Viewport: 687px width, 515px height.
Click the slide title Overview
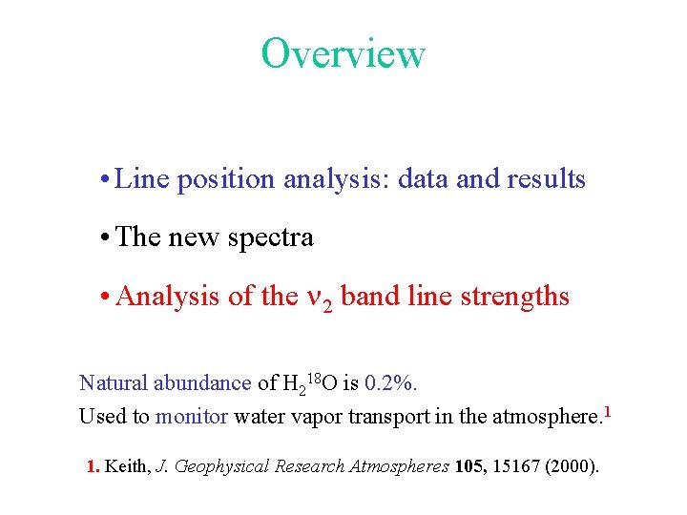pyautogui.click(x=343, y=53)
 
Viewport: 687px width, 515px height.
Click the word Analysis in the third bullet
pyautogui.click(x=168, y=297)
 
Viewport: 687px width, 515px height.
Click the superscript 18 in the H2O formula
pyautogui.click(x=313, y=378)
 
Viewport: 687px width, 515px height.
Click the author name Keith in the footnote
pyautogui.click(x=127, y=466)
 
